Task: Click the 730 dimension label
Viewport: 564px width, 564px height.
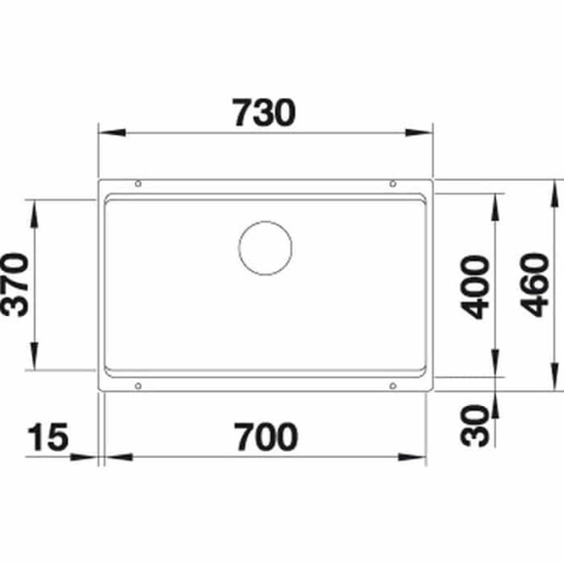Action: click(263, 113)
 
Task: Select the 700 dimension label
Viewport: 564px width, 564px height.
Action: click(264, 437)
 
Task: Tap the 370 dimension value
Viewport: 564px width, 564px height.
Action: click(19, 285)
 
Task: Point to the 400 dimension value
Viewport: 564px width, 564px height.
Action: click(479, 285)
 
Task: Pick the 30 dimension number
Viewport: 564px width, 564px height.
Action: click(479, 424)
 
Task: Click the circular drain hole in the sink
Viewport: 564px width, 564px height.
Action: click(265, 249)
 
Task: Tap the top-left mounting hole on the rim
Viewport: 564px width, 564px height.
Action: click(138, 184)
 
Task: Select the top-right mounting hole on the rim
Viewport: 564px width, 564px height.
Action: click(392, 184)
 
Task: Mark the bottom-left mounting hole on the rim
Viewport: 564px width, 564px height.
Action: click(138, 385)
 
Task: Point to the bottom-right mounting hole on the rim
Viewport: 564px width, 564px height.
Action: click(392, 385)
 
